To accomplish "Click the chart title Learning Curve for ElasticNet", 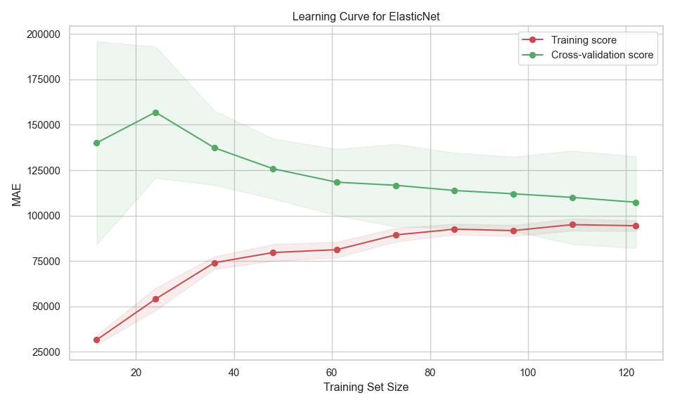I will pyautogui.click(x=366, y=16).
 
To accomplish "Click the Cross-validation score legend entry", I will pyautogui.click(x=602, y=55).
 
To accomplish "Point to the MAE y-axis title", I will pyautogui.click(x=17, y=194).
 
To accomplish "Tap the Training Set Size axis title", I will pyautogui.click(x=366, y=387).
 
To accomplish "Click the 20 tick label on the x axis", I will pyautogui.click(x=136, y=371).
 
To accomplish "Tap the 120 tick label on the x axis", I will pyautogui.click(x=625, y=371).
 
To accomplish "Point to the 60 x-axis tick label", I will pyautogui.click(x=331, y=371).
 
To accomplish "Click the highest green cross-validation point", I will pyautogui.click(x=155, y=112).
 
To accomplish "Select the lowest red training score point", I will pyautogui.click(x=96, y=340).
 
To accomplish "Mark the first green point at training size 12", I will pyautogui.click(x=96, y=143).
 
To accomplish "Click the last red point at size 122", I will pyautogui.click(x=636, y=226).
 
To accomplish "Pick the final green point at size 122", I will pyautogui.click(x=636, y=202).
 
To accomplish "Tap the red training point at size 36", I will pyautogui.click(x=214, y=263).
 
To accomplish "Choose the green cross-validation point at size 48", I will pyautogui.click(x=273, y=169).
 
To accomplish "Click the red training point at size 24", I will pyautogui.click(x=155, y=299).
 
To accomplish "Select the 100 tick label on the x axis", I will pyautogui.click(x=527, y=371).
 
